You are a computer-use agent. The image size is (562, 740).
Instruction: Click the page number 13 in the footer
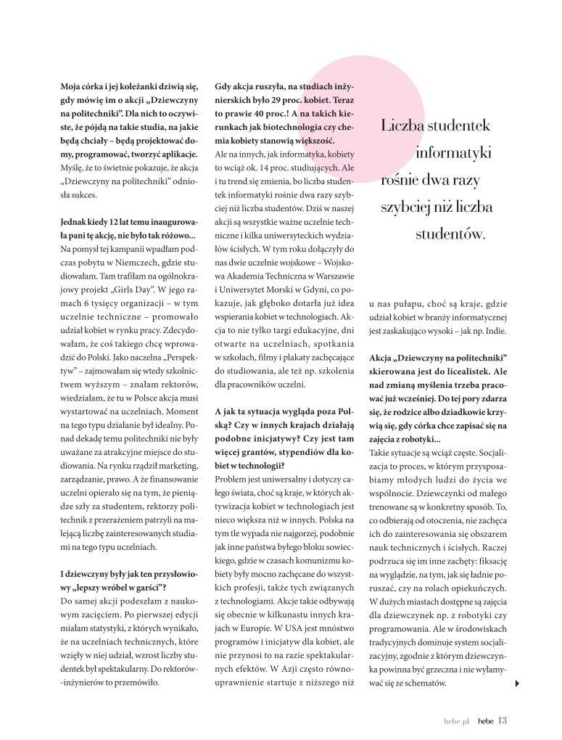502,720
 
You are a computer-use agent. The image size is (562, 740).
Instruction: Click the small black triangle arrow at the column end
516,683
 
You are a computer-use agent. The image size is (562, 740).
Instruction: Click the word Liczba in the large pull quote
403,126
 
